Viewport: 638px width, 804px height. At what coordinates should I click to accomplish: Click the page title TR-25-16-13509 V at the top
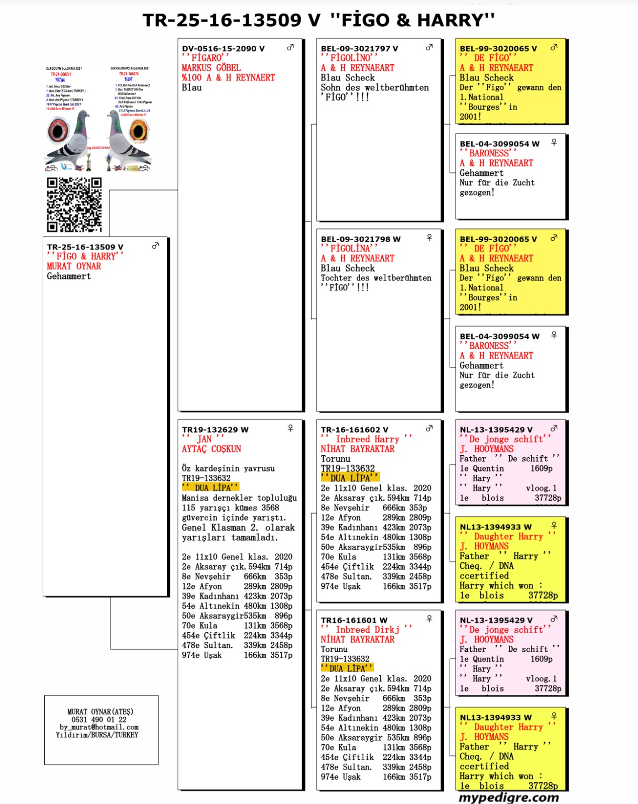pos(231,20)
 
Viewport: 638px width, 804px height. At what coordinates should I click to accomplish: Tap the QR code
pos(74,205)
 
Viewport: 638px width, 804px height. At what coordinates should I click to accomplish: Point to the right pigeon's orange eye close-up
pos(139,131)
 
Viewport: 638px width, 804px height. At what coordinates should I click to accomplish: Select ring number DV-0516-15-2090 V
pos(223,49)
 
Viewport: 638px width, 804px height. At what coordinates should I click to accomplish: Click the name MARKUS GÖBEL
pos(211,68)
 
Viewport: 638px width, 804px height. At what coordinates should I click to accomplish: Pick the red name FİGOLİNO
pos(350,58)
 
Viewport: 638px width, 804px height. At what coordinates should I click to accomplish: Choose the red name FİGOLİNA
pos(350,248)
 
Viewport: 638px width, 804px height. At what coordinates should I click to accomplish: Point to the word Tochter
pos(337,278)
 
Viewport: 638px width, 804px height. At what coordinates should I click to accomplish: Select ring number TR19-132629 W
pos(215,430)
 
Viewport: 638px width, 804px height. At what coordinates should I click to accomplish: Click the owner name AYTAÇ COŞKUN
pos(211,449)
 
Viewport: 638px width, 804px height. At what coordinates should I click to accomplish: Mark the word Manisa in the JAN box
pos(195,498)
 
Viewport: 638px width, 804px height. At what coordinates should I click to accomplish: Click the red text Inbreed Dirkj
pos(367,630)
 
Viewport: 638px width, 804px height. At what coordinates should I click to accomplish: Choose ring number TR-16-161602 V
pos(354,430)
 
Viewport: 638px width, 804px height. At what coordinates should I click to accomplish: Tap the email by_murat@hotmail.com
pos(99,727)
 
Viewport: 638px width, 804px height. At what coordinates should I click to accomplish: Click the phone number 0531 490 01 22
pos(99,720)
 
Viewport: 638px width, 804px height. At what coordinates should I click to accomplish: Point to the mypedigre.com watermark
pos(508,797)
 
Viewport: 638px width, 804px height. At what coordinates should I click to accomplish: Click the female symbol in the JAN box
pos(290,428)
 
